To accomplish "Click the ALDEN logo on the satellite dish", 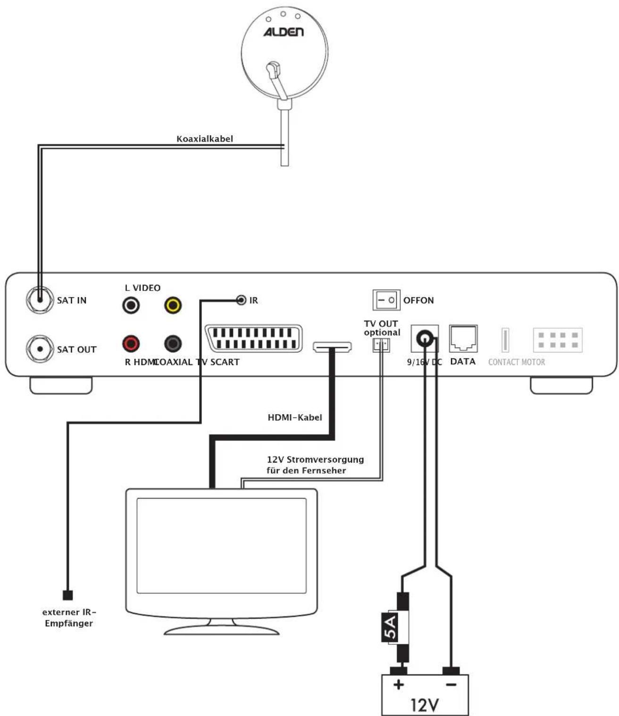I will [x=283, y=32].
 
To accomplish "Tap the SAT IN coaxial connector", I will [x=40, y=300].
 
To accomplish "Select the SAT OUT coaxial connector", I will [x=40, y=349].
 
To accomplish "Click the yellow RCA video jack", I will [x=173, y=305].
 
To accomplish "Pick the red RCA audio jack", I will [x=131, y=343].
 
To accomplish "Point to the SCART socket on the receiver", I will [x=254, y=338].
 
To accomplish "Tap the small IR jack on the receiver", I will [x=241, y=300].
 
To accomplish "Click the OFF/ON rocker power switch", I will [x=386, y=300].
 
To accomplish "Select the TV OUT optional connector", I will [x=381, y=345].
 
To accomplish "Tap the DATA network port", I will [x=463, y=338].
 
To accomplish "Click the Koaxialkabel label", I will [x=205, y=139].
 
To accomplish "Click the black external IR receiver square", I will [x=68, y=595].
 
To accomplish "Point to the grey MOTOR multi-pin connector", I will [x=558, y=340].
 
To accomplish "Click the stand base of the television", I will [x=221, y=629].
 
